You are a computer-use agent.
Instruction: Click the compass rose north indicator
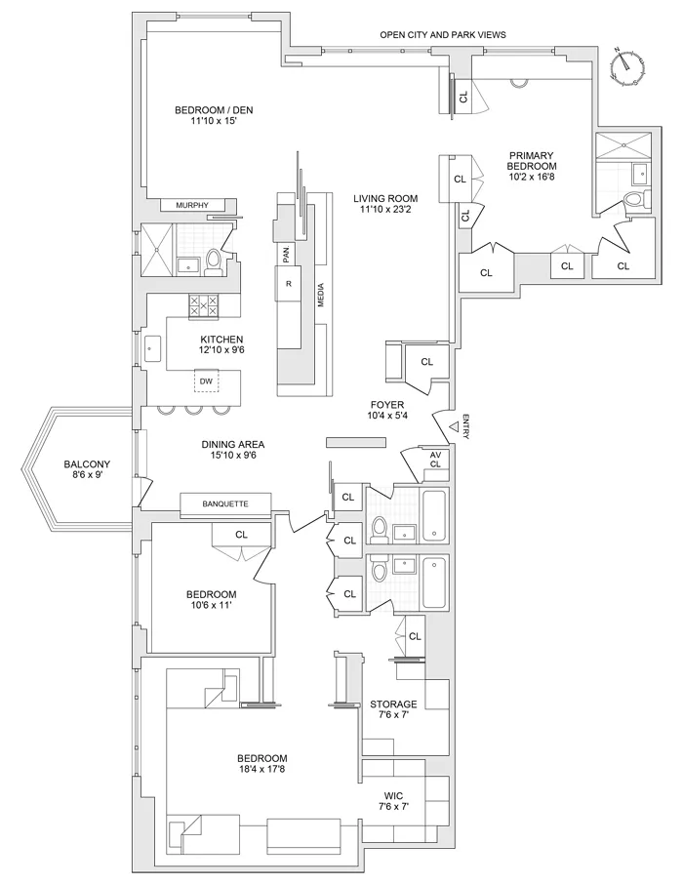(x=625, y=67)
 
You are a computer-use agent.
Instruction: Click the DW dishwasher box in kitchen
(x=206, y=381)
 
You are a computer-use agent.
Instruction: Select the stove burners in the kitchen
(x=206, y=306)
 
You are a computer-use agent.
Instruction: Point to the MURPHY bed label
(x=192, y=205)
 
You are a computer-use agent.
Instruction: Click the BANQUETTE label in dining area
(x=224, y=503)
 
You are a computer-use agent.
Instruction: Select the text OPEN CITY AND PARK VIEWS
(x=443, y=35)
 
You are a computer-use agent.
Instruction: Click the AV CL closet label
(x=434, y=459)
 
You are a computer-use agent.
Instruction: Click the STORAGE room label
(x=393, y=703)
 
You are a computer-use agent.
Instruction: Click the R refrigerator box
(x=289, y=283)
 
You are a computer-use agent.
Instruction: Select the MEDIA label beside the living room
(x=320, y=293)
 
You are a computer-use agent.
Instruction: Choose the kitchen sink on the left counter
(x=153, y=347)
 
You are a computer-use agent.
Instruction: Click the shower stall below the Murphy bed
(x=156, y=248)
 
